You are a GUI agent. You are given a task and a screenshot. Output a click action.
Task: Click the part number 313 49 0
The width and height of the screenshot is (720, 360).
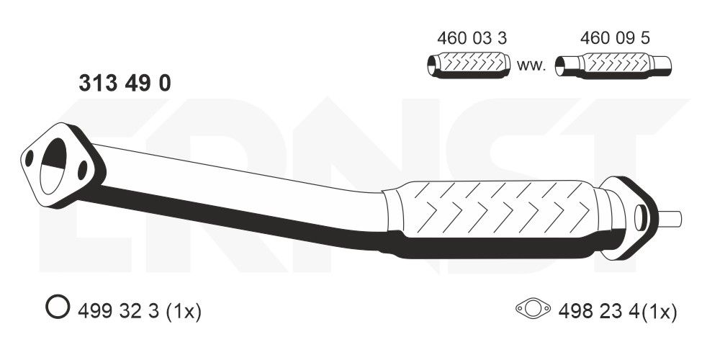point(124,84)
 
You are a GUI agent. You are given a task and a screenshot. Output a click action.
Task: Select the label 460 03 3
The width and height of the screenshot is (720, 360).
point(467,37)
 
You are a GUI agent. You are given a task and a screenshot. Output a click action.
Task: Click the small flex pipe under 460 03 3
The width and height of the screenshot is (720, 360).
point(469,65)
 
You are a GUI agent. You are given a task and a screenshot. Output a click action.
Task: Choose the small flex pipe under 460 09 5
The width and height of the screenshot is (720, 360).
point(616,65)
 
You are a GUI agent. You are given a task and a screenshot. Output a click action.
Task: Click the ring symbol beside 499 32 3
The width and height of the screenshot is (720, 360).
point(56,310)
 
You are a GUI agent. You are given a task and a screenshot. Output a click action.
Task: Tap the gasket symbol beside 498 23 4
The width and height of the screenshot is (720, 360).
point(533,310)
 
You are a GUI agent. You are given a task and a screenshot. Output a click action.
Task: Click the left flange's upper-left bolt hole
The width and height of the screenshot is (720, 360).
point(30,158)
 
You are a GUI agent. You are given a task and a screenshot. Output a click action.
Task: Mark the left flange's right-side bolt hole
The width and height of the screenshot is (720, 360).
point(83,170)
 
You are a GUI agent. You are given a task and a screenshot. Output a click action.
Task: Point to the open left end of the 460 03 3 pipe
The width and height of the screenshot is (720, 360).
point(432,66)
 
